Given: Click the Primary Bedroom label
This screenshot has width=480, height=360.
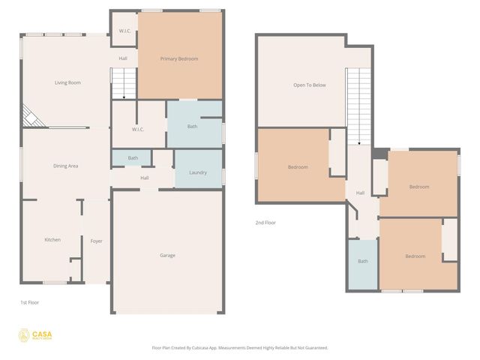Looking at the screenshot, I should point(179,58).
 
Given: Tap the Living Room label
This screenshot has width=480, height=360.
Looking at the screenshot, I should point(67,82).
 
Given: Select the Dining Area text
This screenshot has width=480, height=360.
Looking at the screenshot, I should point(66,166).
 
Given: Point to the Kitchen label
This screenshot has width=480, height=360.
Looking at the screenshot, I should point(52,239).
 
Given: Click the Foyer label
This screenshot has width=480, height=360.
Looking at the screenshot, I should point(96,241).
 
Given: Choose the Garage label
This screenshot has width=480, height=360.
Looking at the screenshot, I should point(167,255).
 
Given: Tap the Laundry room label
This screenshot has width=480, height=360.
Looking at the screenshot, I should point(198,172).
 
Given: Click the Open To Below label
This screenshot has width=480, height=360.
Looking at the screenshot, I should point(310,85).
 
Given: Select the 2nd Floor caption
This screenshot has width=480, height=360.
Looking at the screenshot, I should point(265,222).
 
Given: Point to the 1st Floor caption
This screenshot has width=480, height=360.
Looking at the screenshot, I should point(29,302).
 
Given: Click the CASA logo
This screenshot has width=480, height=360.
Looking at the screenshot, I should point(35,335).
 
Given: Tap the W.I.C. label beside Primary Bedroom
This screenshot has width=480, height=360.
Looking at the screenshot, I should point(124,31).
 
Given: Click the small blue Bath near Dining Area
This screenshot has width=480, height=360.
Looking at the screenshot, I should point(133,158).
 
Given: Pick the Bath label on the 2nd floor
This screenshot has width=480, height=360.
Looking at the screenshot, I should point(363,261).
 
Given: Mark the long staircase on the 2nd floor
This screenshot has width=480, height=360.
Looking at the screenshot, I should point(359,105).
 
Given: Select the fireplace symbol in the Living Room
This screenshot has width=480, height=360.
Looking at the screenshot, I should point(31,115).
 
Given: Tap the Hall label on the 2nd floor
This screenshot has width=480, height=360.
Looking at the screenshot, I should point(360,193).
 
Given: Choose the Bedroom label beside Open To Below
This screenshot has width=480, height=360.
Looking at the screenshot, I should point(298,166).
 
